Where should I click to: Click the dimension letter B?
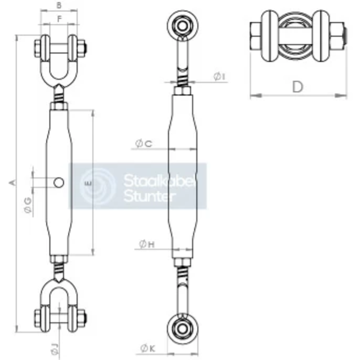click(x=59, y=6)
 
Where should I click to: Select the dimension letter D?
click(x=298, y=87)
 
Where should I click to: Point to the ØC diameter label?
click(x=144, y=144)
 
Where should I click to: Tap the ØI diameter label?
click(x=219, y=76)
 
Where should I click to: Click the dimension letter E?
click(x=87, y=183)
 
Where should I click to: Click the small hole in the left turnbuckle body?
click(x=59, y=182)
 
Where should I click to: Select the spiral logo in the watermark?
click(x=98, y=186)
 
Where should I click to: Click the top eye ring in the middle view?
click(x=182, y=25)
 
